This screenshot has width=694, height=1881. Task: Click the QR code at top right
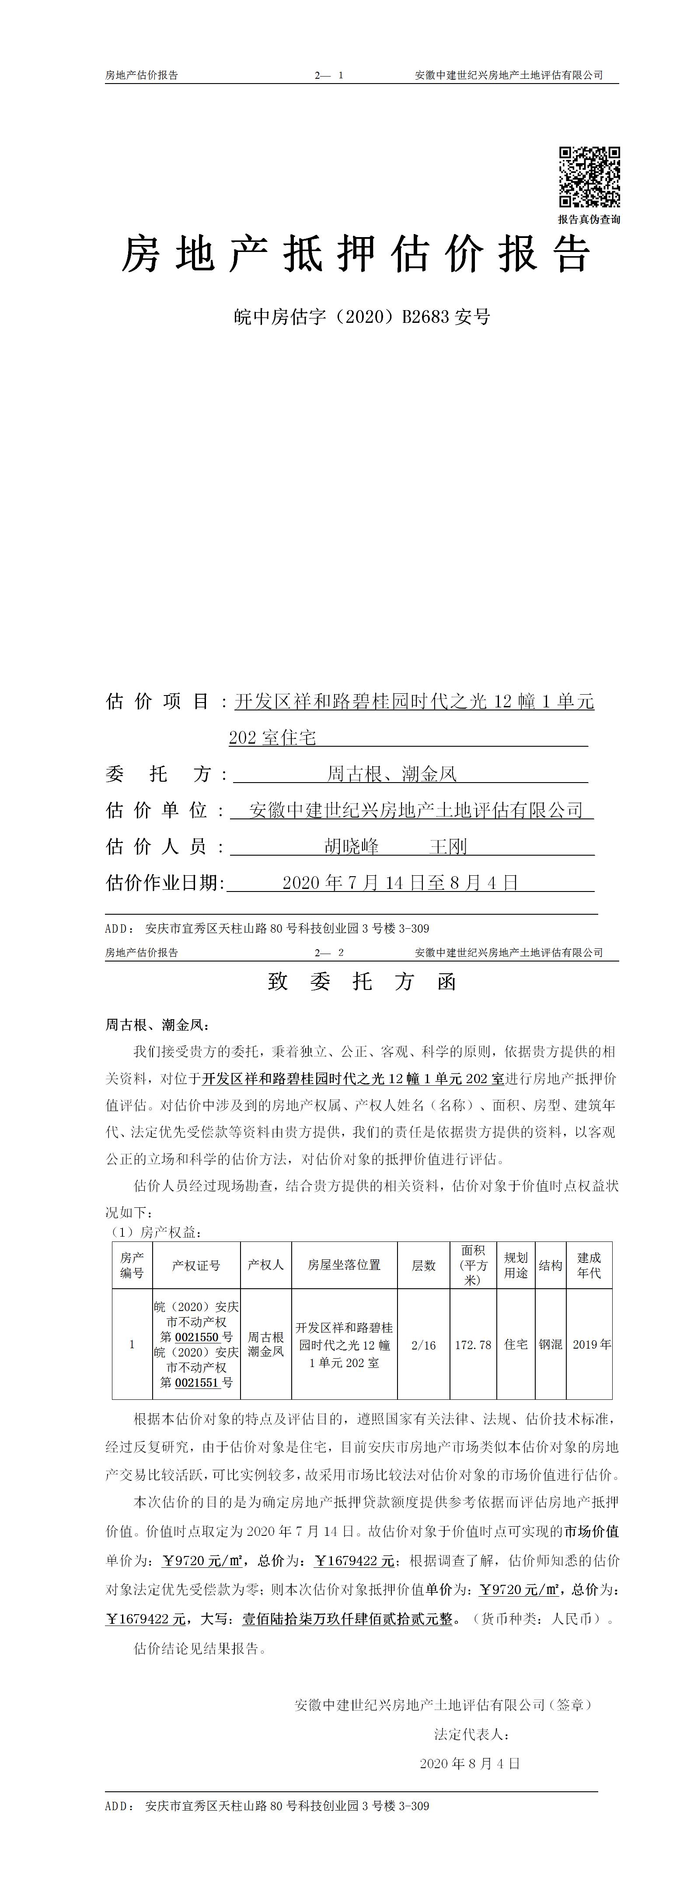(x=589, y=177)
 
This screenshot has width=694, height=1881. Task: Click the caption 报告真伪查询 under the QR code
(x=589, y=219)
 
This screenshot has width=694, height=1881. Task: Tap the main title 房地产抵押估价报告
(x=356, y=255)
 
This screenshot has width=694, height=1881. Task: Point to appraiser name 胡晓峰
(x=351, y=847)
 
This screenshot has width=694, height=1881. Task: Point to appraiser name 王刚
(x=447, y=847)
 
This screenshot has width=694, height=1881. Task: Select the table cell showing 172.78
(x=473, y=1344)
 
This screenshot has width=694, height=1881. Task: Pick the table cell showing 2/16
(x=423, y=1344)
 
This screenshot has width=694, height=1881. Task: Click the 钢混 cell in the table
(x=550, y=1344)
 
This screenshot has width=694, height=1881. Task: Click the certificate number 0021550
(x=197, y=1337)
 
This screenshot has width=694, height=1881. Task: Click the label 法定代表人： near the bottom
(x=471, y=1734)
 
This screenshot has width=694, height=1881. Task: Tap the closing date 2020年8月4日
(x=470, y=1763)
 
